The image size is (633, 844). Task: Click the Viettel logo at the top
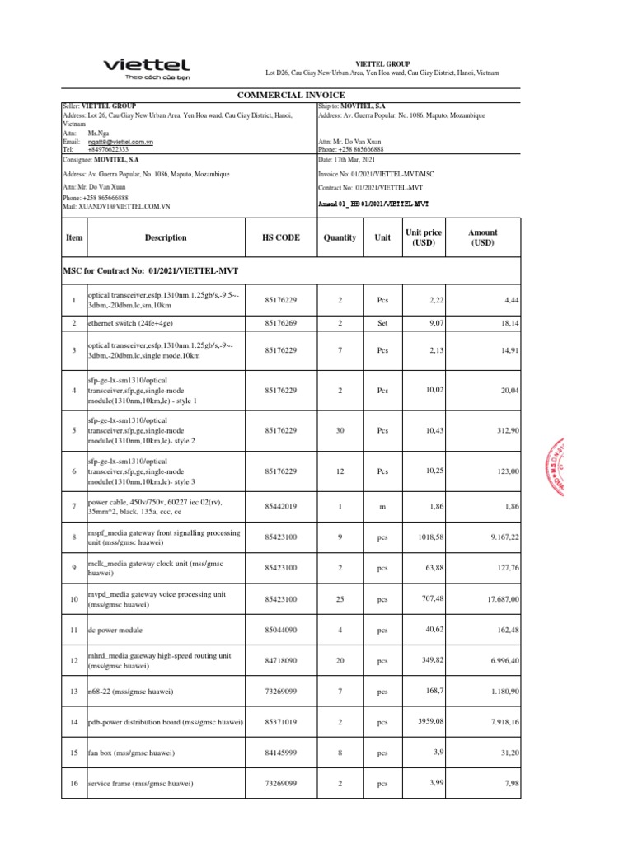pyautogui.click(x=145, y=68)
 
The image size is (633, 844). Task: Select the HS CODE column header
pyautogui.click(x=280, y=237)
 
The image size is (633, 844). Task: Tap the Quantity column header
pyautogui.click(x=340, y=237)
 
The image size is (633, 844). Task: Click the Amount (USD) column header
pyautogui.click(x=482, y=238)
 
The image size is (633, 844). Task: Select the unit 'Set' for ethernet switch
pyautogui.click(x=382, y=324)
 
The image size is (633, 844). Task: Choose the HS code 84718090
pyautogui.click(x=280, y=660)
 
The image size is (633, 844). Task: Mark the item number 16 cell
pyautogui.click(x=74, y=783)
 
